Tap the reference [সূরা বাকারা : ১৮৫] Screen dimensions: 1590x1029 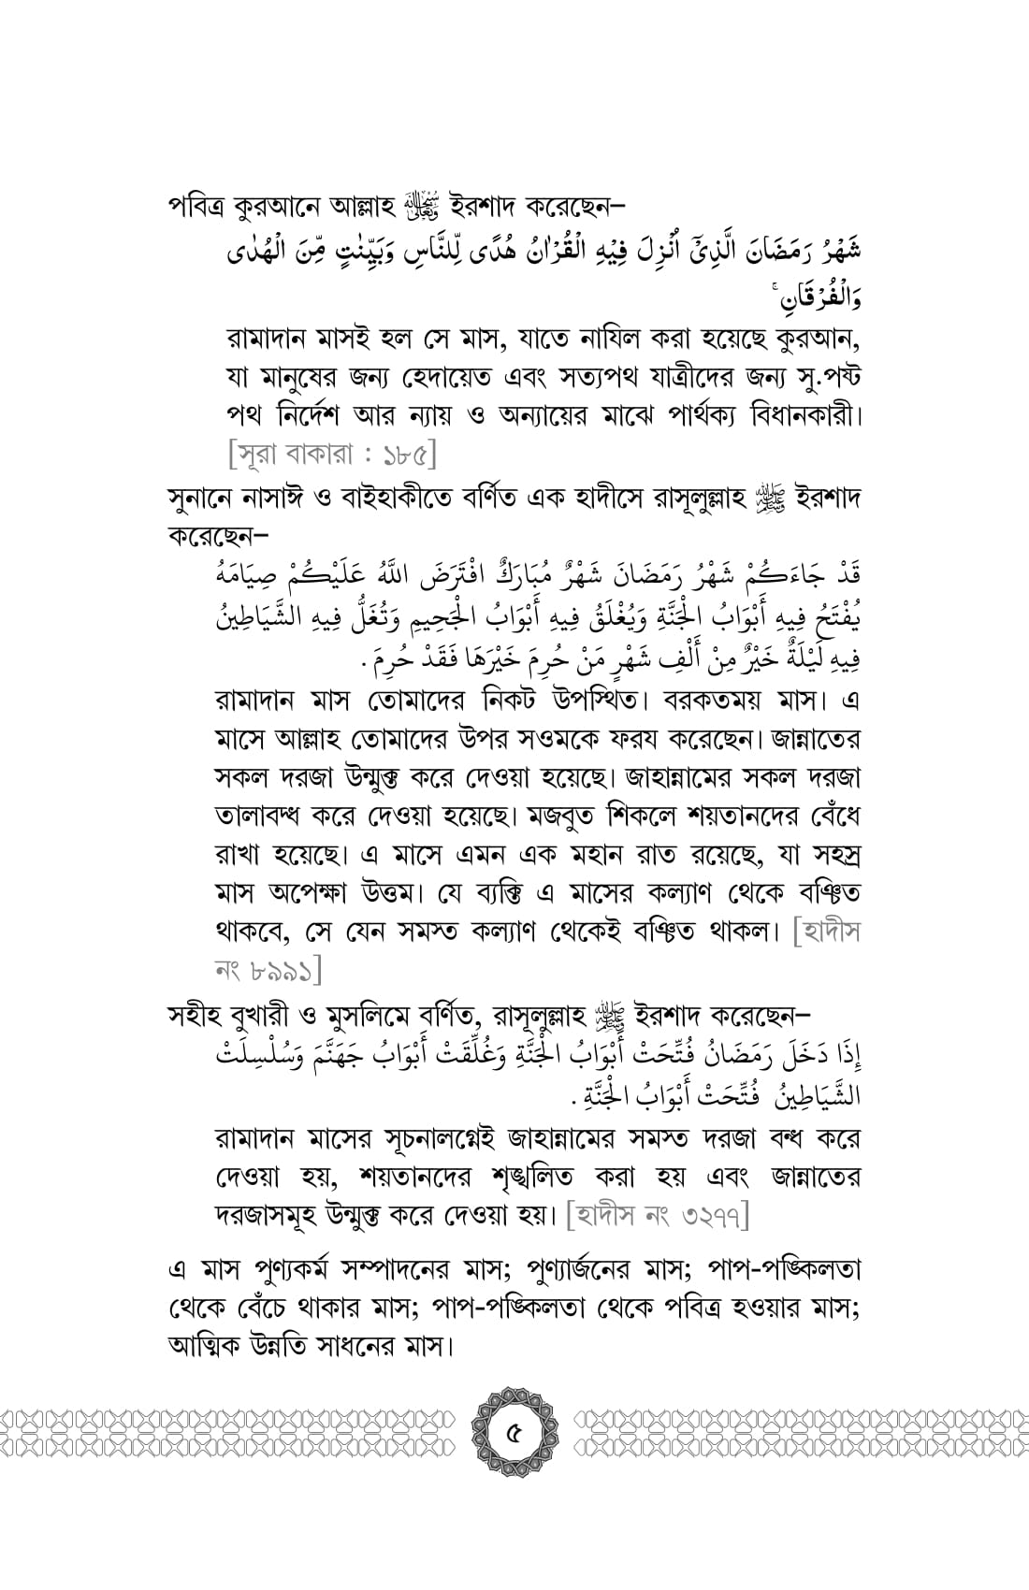point(332,456)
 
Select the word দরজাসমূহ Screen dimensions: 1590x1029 point(266,1218)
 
